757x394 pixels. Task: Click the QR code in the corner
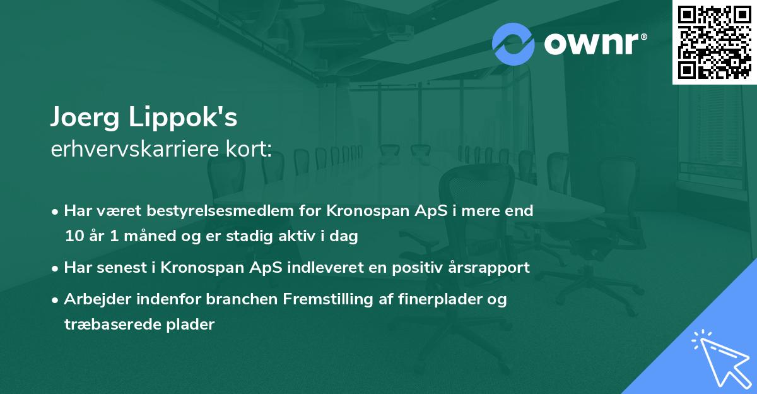(x=714, y=42)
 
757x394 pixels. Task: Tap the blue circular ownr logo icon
(x=513, y=44)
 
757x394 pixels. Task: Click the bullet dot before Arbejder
(x=56, y=299)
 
